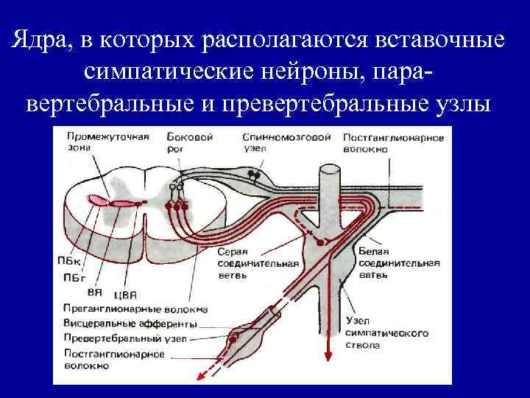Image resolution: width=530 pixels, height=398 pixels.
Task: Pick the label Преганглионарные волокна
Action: [135, 310]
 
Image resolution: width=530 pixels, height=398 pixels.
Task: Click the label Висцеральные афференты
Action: [130, 324]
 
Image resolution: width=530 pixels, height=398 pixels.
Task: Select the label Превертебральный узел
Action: [125, 338]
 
